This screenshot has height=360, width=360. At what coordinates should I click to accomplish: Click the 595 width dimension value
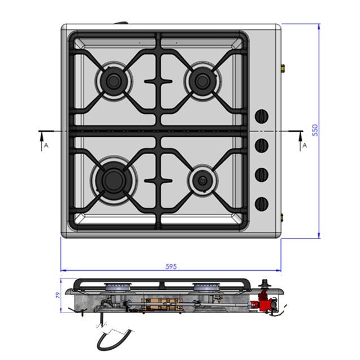(x=171, y=266)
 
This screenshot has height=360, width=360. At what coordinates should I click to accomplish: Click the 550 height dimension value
(x=315, y=130)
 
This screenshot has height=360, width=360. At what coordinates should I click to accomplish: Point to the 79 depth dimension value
(x=58, y=295)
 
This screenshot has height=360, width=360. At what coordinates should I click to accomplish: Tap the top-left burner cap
(x=114, y=81)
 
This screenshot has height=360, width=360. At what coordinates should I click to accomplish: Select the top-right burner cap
(x=202, y=81)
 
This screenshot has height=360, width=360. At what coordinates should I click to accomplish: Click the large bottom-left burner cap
(x=114, y=180)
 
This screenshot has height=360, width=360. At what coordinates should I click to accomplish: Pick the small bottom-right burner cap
(x=202, y=180)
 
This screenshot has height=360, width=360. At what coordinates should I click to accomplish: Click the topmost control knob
(x=262, y=116)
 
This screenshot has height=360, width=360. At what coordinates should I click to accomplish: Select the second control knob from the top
(x=262, y=145)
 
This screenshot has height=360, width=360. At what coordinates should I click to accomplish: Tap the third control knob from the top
(x=262, y=175)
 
